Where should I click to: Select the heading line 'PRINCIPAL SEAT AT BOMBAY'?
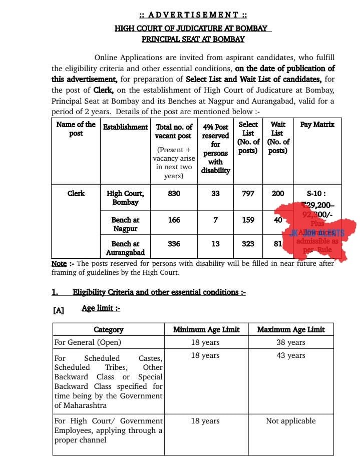pyautogui.click(x=193, y=39)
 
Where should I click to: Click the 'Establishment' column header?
pyautogui.click(x=126, y=127)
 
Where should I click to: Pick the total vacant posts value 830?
pyautogui.click(x=174, y=193)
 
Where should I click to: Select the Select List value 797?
pyautogui.click(x=248, y=193)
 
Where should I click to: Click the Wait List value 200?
pyautogui.click(x=278, y=193)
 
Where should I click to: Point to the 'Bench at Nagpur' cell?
pyautogui.click(x=126, y=224)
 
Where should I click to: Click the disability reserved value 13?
pyautogui.click(x=215, y=244)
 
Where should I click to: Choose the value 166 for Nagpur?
pyautogui.click(x=174, y=220)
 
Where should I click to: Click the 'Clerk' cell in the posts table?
pyautogui.click(x=76, y=193)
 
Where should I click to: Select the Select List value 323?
pyautogui.click(x=248, y=244)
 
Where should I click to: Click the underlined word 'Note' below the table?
pyautogui.click(x=59, y=263)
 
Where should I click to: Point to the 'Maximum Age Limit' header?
pyautogui.click(x=291, y=329)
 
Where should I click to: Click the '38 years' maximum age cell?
pyautogui.click(x=291, y=342)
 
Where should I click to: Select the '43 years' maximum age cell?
pyautogui.click(x=291, y=355)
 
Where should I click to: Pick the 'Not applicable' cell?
pyautogui.click(x=291, y=421)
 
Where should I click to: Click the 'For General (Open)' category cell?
pyautogui.click(x=88, y=342)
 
